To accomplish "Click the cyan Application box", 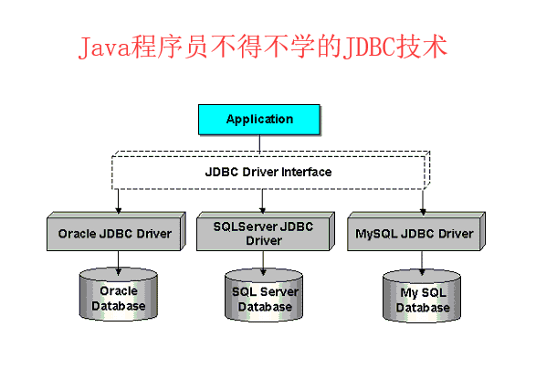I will [x=259, y=119].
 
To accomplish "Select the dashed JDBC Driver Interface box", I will [x=164, y=172].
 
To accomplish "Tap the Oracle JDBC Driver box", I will [x=115, y=234].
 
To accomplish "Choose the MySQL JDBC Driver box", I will [x=413, y=234].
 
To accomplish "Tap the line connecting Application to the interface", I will [x=259, y=143].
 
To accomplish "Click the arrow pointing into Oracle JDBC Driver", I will [x=118, y=202].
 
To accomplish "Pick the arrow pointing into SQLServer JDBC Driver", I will [x=263, y=202].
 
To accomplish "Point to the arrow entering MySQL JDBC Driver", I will [x=423, y=202].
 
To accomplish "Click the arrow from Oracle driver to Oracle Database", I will [x=118, y=260].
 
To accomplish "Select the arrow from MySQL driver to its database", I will [x=423, y=262].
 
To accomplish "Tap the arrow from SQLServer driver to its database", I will [x=264, y=262].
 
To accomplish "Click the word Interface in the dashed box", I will [x=306, y=172].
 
